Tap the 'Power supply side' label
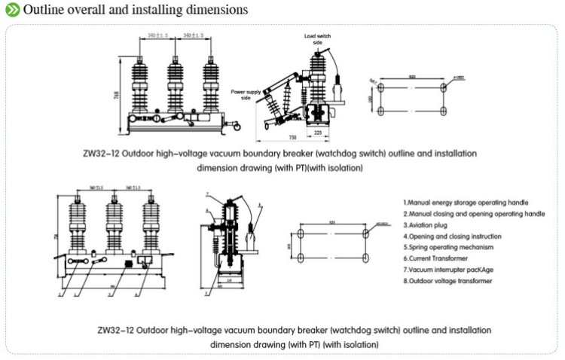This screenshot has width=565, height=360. coord(246,93)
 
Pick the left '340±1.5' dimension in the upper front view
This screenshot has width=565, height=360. coord(158,35)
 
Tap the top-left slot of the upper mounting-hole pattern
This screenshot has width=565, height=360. coord(382,87)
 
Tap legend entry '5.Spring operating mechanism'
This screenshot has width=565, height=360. coord(448,246)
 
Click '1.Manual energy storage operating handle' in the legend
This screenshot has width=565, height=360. coord(466,203)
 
